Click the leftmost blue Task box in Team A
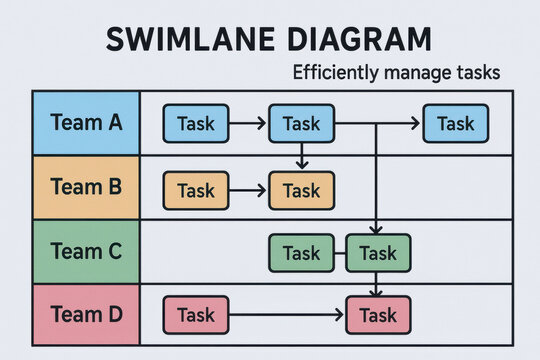[196, 124]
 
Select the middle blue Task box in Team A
[301, 124]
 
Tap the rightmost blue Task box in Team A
[456, 124]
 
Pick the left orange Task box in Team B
[196, 190]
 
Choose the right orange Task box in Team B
[301, 190]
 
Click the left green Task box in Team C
[301, 253]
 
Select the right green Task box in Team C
[378, 253]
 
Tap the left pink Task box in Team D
[196, 315]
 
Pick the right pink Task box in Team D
[378, 316]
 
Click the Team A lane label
[85, 124]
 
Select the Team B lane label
[85, 187]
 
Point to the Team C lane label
[85, 251]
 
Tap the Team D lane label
[85, 315]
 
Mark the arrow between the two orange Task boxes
[249, 190]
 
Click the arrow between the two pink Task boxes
[287, 316]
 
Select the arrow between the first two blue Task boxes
[249, 124]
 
